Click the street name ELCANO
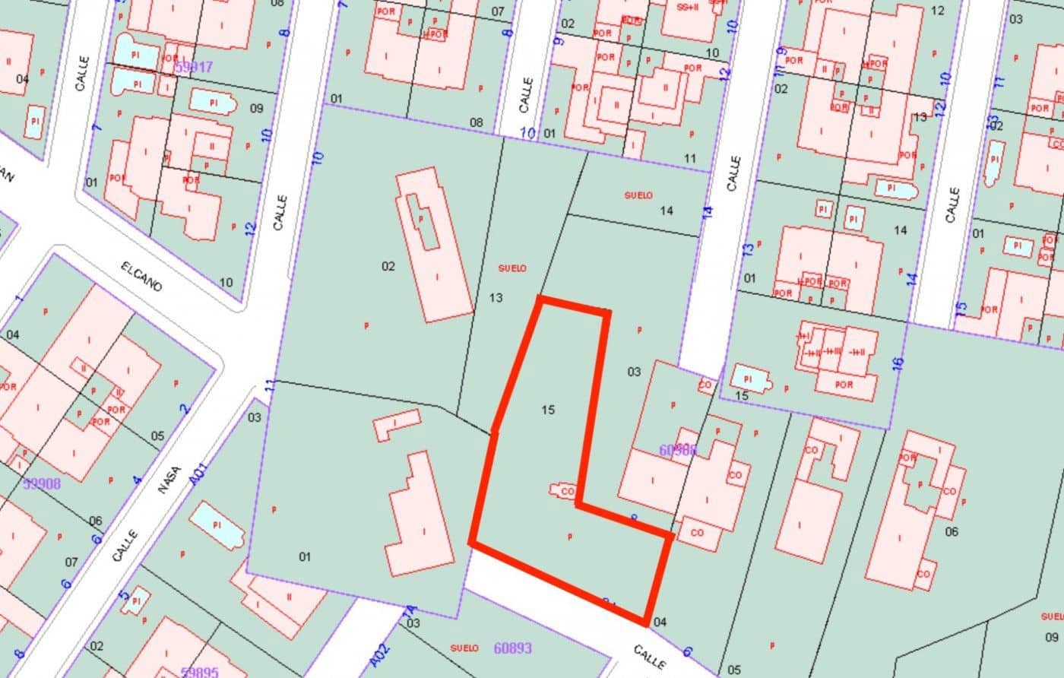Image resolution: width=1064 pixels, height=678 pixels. point(142,276)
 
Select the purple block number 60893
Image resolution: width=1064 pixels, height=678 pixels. point(513,648)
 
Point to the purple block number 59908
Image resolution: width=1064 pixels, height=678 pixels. point(42,483)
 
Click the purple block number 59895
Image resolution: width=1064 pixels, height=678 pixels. point(200,672)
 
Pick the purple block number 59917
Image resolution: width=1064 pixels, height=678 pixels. point(194,67)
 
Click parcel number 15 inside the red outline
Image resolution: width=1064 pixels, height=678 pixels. point(548,410)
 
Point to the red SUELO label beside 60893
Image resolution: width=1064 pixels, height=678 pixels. point(464,648)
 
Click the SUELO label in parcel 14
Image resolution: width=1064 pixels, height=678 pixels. point(638,195)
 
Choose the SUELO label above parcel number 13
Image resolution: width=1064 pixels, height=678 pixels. point(512,268)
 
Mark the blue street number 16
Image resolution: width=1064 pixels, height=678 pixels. point(898,364)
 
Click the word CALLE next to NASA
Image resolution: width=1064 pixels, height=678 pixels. point(126,547)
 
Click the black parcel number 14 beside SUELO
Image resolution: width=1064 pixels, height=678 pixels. point(666,211)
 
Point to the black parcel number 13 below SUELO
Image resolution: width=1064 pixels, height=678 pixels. point(496,298)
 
